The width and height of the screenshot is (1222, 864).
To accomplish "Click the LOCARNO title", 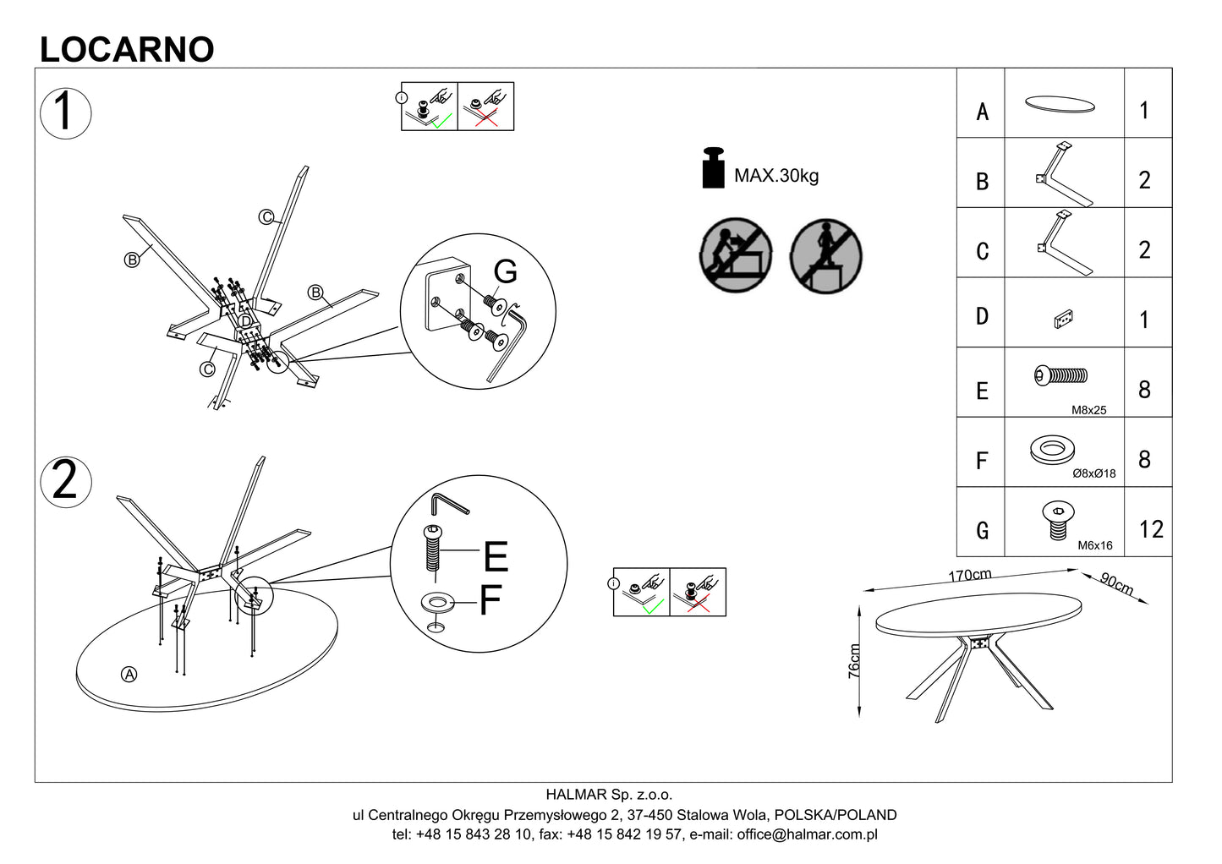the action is (127, 50).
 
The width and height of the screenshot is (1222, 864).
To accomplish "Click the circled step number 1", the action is (65, 113).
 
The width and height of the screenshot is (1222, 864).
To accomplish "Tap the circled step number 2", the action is (65, 482).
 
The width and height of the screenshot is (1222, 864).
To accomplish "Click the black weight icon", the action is (713, 168).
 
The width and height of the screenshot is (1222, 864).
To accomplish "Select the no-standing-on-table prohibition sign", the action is (826, 256).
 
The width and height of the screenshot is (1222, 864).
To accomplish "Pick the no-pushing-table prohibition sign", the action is (736, 254).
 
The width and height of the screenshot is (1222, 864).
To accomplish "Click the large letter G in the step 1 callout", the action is (505, 271).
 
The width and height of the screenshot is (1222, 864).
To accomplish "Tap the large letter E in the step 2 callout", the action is (496, 556).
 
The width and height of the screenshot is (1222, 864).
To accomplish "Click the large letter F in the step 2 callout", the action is (490, 600).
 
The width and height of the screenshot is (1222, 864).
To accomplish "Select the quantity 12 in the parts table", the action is (1151, 529).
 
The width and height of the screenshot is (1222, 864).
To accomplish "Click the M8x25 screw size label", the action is (1089, 410).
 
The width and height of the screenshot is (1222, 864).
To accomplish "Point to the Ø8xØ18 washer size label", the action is (1093, 473).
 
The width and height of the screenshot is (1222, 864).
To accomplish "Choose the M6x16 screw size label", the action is (1095, 545).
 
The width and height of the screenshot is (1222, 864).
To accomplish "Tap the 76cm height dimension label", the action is (854, 661).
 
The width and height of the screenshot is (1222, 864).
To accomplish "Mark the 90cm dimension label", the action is (1116, 584).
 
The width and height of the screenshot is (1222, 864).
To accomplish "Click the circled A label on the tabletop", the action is (129, 675).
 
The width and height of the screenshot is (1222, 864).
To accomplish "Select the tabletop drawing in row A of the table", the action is (1060, 104).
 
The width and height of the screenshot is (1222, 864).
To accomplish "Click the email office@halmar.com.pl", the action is (807, 834).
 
